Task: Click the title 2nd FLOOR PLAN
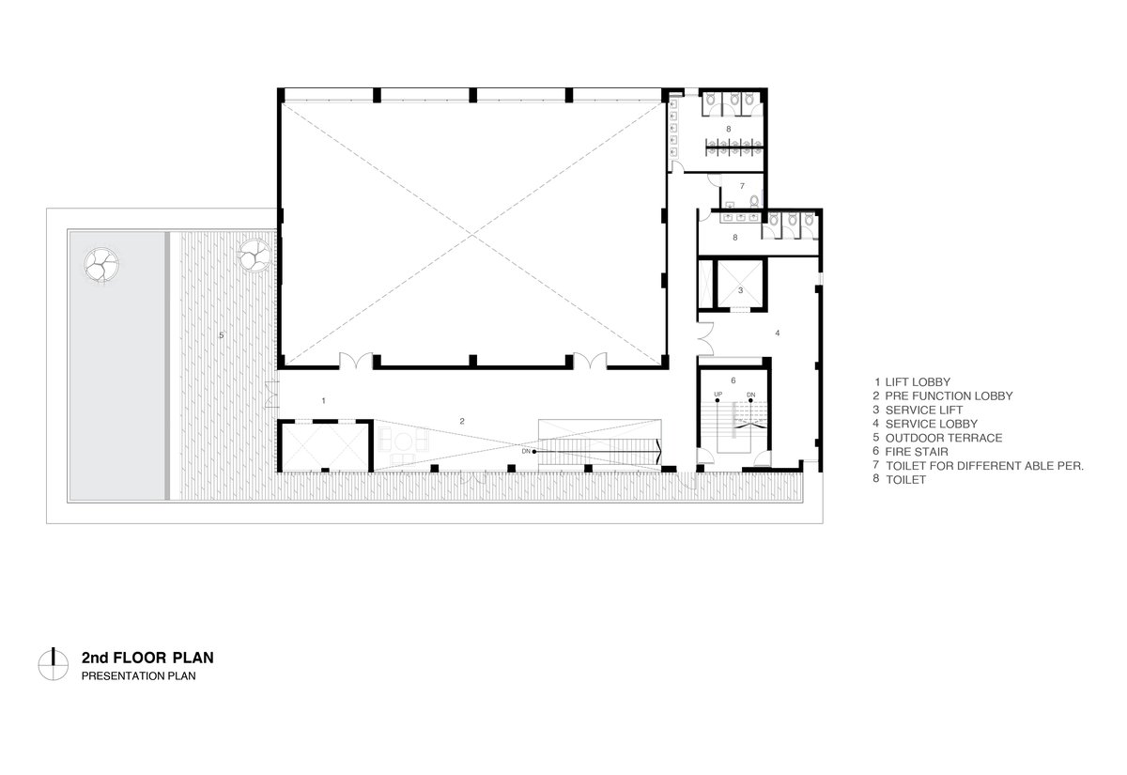147,658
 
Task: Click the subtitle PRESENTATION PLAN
138,676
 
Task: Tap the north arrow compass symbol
53,665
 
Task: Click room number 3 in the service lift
740,290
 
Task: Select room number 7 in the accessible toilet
742,186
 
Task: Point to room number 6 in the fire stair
733,380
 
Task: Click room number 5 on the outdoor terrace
221,335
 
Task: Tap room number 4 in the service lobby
778,333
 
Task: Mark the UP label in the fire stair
718,394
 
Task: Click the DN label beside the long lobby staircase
526,452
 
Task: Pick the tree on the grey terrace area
101,265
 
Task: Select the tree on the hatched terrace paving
255,256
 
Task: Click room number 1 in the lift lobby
323,400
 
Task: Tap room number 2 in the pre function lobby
462,421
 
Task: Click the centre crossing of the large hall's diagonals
471,235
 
